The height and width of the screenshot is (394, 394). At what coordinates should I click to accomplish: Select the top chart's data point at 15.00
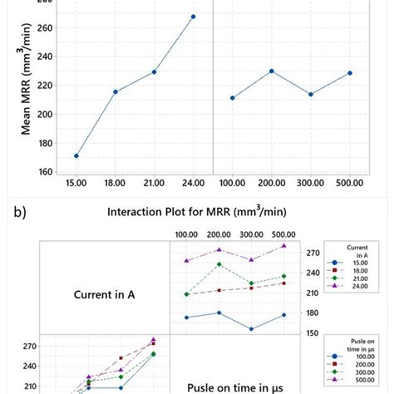tap(76, 155)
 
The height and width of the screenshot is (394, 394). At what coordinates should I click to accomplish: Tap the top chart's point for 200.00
tap(271, 71)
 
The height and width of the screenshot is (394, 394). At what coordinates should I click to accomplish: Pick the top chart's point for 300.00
tap(310, 94)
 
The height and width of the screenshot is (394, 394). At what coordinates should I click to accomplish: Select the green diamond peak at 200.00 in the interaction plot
tap(219, 264)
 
